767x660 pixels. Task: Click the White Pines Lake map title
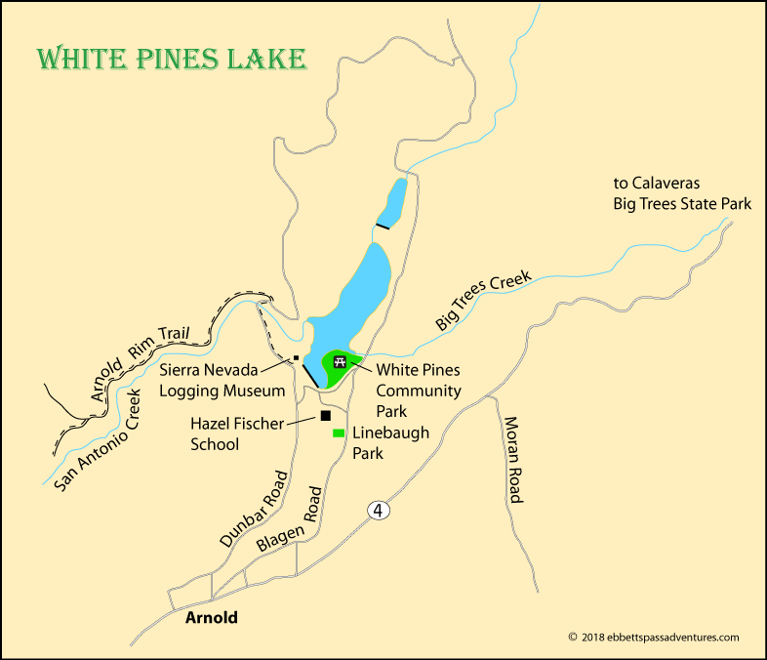[x=172, y=58]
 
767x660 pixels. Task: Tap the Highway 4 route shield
[x=378, y=511]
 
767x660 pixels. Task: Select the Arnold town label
[x=211, y=618]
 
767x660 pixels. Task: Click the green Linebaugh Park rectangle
[x=339, y=433]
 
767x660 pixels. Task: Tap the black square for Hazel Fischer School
[x=325, y=416]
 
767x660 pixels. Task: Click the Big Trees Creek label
[x=485, y=301]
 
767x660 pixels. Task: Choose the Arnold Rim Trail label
[x=145, y=354]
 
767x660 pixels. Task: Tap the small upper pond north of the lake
[x=393, y=202]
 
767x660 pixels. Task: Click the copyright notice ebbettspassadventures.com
[x=654, y=638]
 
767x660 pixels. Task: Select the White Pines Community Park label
[x=418, y=391]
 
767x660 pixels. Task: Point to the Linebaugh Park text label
[x=390, y=442]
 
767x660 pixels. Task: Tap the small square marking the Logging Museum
[x=295, y=358]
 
